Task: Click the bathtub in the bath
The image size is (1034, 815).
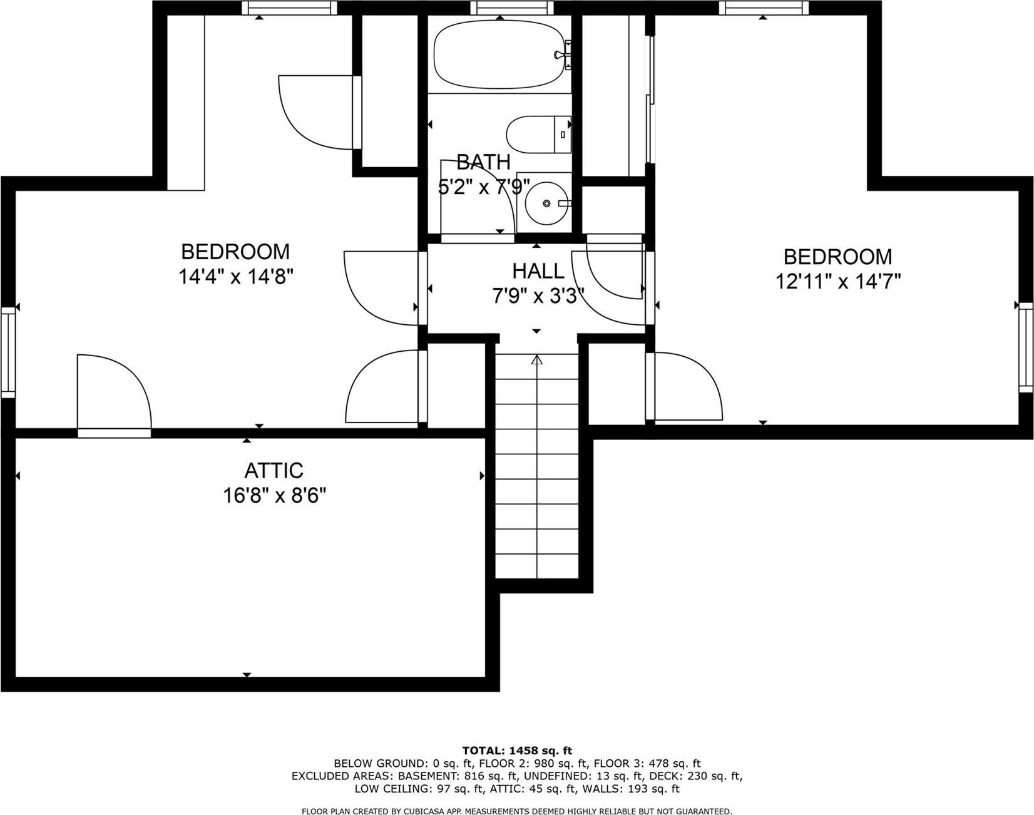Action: [x=499, y=55]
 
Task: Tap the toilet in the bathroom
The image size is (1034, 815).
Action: [x=538, y=135]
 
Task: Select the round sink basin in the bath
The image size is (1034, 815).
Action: [x=546, y=203]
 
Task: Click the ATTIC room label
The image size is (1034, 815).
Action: [x=274, y=470]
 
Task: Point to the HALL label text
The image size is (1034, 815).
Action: [x=538, y=271]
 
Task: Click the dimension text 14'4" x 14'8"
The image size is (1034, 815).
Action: [x=236, y=276]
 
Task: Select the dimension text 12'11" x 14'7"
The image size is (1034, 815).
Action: [x=837, y=282]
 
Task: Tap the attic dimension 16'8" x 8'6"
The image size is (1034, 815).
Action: [x=274, y=496]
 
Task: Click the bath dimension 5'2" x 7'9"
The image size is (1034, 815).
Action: [x=483, y=187]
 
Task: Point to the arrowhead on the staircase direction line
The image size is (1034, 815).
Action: [x=536, y=360]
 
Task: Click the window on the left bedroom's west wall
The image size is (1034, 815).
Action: [x=8, y=352]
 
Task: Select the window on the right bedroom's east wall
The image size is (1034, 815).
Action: [x=1025, y=347]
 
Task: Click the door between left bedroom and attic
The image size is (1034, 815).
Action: [x=114, y=432]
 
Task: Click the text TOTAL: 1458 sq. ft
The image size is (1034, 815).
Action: [x=517, y=751]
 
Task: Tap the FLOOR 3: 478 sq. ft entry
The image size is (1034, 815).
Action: [x=647, y=764]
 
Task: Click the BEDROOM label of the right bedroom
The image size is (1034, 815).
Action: [x=837, y=257]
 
